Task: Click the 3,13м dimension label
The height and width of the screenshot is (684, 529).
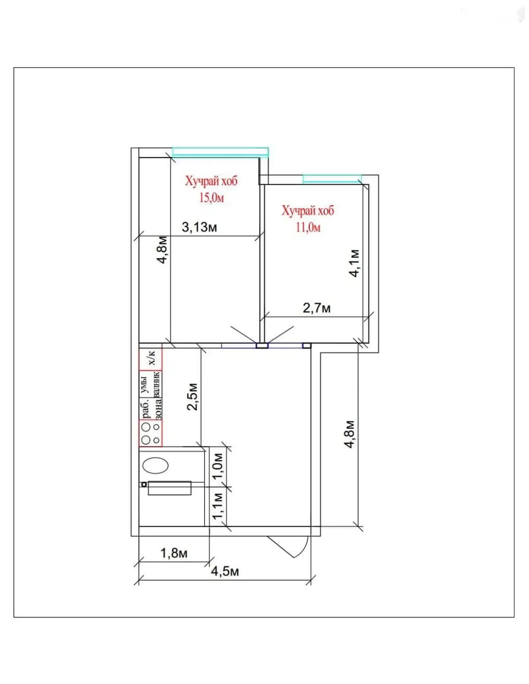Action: point(199,228)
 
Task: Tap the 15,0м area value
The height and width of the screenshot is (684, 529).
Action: point(212,198)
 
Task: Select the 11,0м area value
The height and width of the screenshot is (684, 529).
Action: point(308,228)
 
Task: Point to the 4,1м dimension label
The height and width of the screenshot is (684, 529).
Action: point(354,263)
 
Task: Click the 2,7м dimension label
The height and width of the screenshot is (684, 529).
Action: point(316,308)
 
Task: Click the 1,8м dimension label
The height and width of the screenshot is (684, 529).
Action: point(174,553)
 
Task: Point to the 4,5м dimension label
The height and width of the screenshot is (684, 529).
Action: point(225,571)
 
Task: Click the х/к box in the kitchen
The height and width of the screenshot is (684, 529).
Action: point(151,359)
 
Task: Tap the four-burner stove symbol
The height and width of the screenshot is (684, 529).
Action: point(151,433)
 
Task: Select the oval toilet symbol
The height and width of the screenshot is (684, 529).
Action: point(155,465)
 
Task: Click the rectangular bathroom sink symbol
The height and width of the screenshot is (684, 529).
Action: point(170,488)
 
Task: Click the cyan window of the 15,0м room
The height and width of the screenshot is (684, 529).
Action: point(220,152)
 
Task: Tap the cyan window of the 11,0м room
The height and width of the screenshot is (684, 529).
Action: point(332,179)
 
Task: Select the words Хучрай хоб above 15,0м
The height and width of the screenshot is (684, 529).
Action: point(211,181)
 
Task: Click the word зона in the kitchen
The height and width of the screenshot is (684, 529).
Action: point(158,409)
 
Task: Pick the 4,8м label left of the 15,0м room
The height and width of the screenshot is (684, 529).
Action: point(162,250)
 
